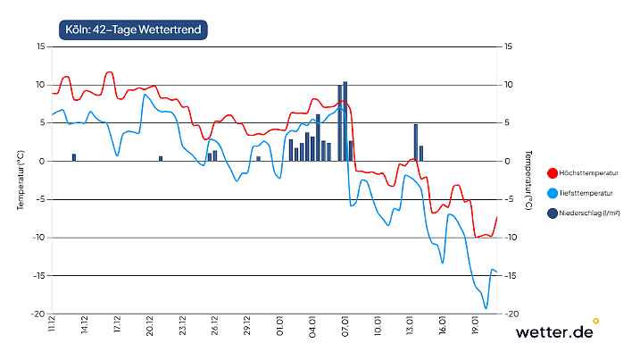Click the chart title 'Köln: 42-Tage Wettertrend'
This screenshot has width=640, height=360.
tap(135, 29)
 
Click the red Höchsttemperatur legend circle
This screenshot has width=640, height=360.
tap(552, 173)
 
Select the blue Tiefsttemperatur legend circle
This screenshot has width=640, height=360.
tap(552, 193)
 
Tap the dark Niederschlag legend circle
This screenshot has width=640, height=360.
tap(552, 213)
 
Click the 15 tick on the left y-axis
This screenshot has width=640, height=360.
tap(40, 46)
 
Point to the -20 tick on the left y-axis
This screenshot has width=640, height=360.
tap(38, 314)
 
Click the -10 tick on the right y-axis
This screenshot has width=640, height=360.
tap(511, 238)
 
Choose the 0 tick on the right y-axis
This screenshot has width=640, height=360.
tap(508, 161)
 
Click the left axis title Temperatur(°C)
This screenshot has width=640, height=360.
tap(20, 180)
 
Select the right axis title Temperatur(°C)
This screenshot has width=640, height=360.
tap(528, 180)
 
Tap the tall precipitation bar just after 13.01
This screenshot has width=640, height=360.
tap(416, 142)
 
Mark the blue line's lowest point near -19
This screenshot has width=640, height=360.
tap(486, 308)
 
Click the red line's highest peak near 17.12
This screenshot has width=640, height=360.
tap(109, 72)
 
